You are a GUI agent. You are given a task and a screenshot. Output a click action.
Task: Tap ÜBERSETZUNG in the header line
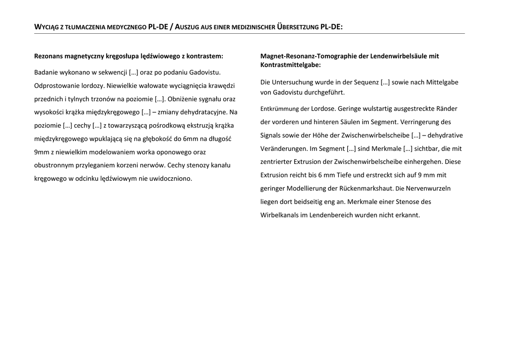click(294, 27)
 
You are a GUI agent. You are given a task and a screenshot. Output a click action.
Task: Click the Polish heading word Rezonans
click(49, 56)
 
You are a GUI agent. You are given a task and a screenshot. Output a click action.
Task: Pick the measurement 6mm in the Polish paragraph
click(190, 138)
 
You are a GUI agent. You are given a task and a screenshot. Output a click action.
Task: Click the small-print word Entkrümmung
click(280, 109)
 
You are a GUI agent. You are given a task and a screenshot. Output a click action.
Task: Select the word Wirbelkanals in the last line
click(279, 215)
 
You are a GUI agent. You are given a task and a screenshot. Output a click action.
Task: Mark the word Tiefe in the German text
click(345, 175)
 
